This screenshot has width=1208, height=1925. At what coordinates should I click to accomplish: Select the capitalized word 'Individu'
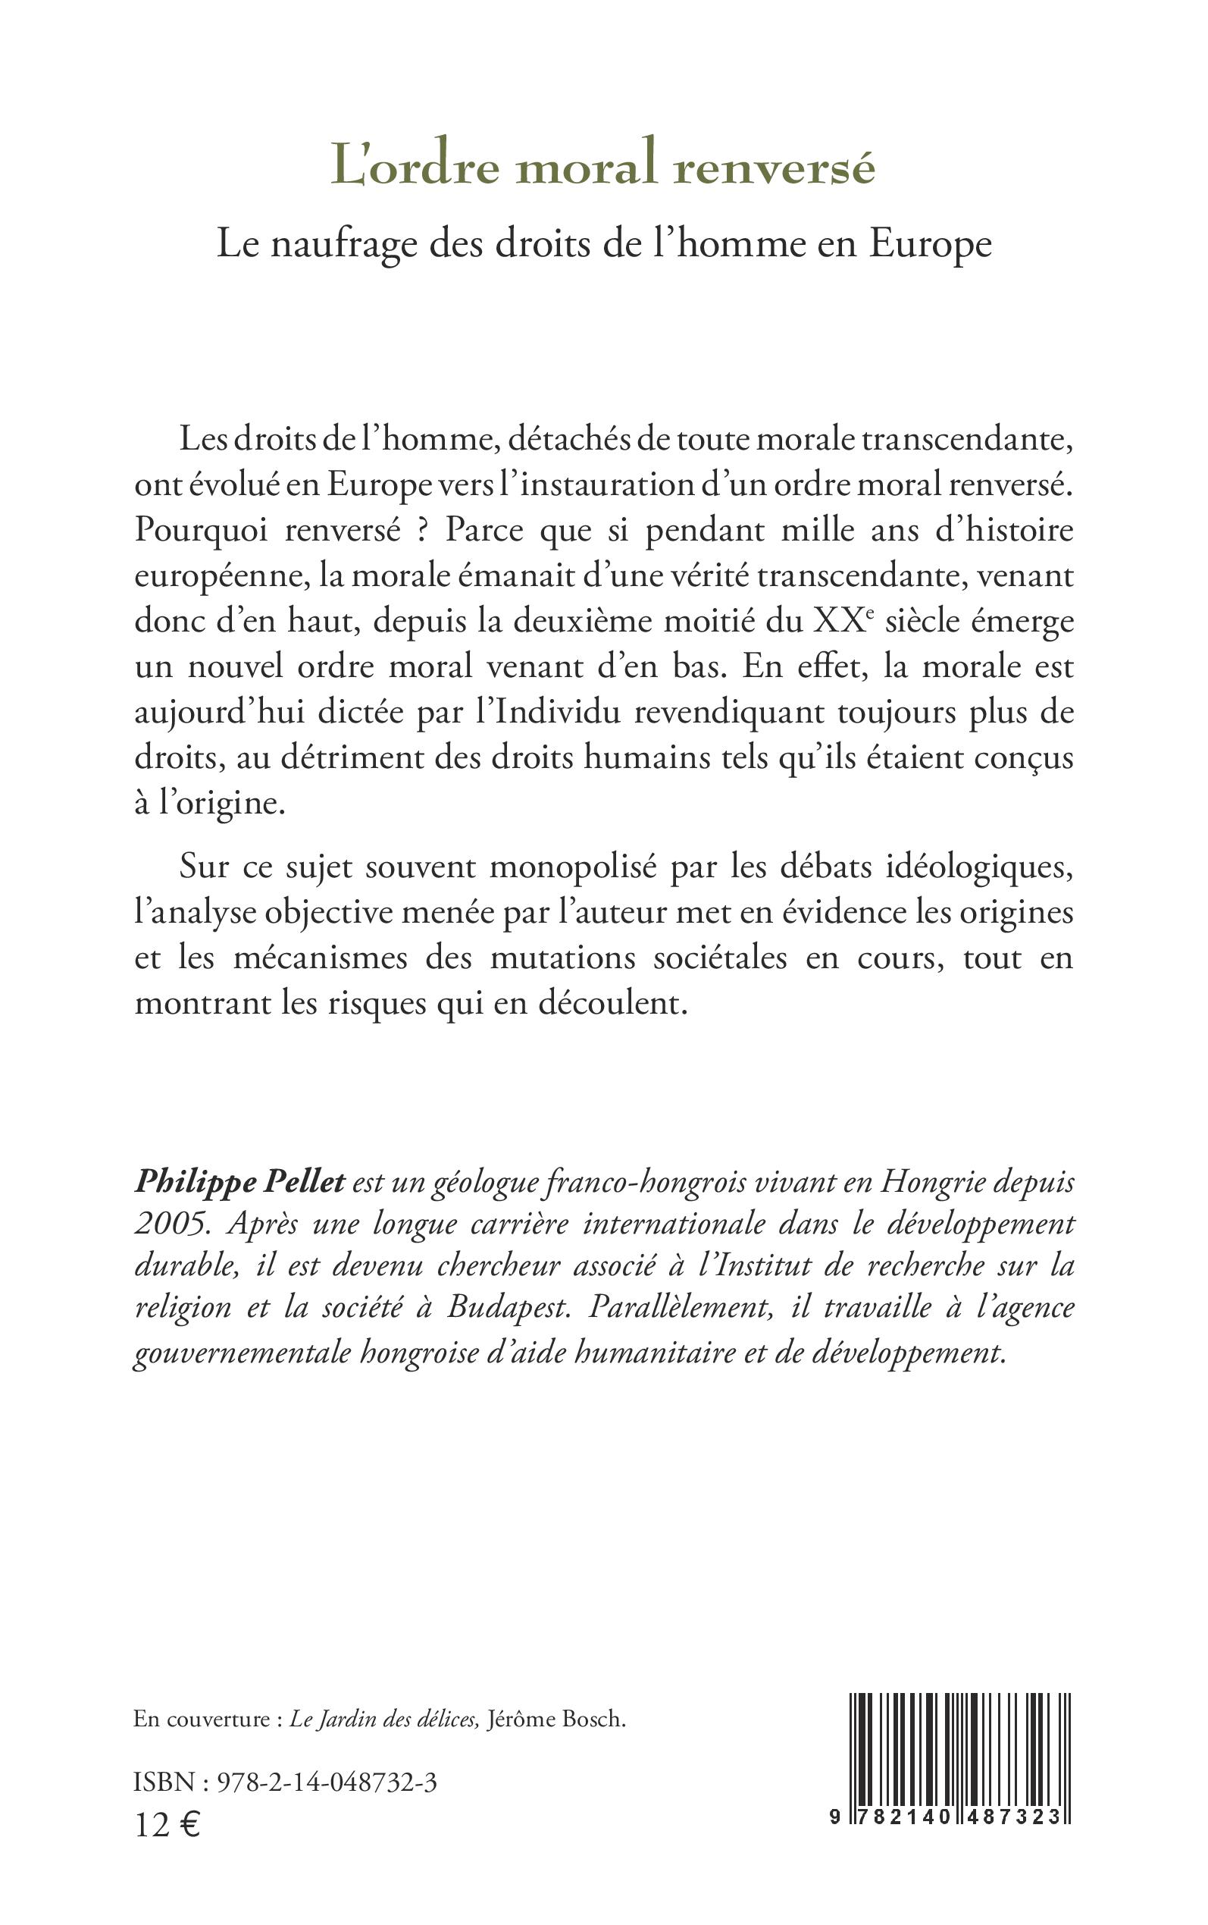pos(557,712)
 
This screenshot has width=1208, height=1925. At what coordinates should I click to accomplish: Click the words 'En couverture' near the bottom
pos(202,1720)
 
